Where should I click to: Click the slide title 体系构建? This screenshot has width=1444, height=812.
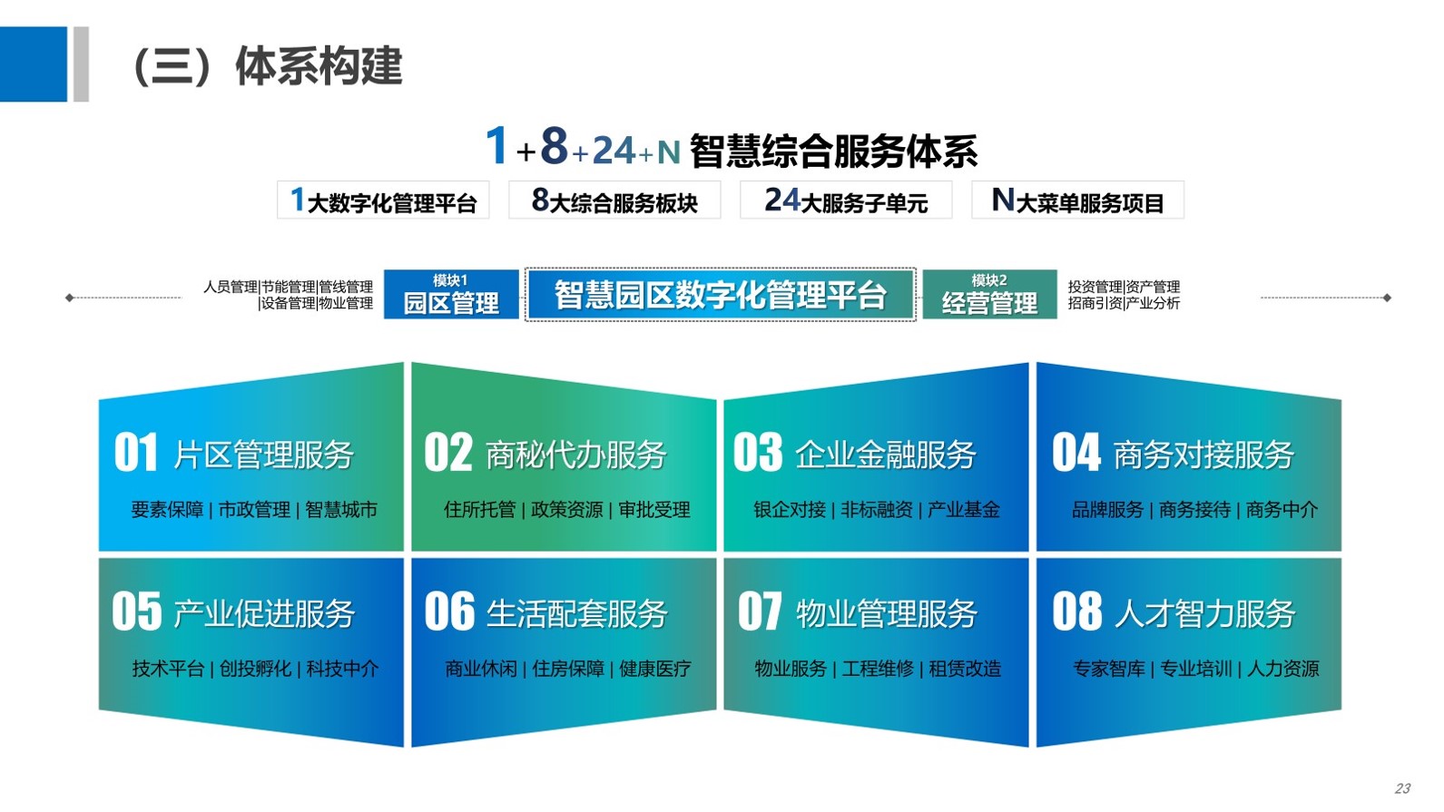[319, 65]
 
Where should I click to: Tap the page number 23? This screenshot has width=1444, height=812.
[1403, 788]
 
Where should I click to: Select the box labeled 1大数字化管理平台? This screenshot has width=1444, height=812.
[383, 201]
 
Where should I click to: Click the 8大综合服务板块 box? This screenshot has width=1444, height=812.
[614, 201]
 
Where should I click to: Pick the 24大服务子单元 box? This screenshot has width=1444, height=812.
[846, 201]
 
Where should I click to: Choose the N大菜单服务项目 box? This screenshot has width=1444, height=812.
[1078, 201]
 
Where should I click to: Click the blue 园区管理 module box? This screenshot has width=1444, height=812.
[451, 295]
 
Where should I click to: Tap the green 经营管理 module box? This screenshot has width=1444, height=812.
[989, 295]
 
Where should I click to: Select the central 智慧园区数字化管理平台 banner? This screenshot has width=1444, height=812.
[721, 295]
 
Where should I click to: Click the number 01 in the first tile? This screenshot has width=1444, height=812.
[135, 453]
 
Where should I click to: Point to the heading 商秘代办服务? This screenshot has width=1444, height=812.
[575, 455]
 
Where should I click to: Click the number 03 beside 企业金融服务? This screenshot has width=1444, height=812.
[758, 453]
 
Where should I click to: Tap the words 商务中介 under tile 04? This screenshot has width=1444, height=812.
[1282, 510]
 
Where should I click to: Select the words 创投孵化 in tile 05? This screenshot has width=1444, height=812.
[255, 669]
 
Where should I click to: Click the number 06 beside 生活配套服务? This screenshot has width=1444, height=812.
[449, 611]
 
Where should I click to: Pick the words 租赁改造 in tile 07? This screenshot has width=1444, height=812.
[965, 669]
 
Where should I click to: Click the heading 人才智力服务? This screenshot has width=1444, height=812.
[1204, 613]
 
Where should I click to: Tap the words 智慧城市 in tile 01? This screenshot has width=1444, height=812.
[341, 510]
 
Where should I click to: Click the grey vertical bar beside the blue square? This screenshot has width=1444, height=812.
[81, 64]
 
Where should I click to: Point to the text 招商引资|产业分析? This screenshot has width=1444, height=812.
[1124, 303]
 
